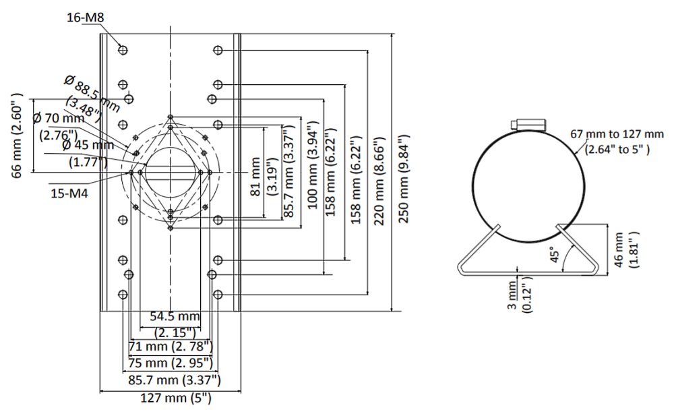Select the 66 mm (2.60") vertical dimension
pyautogui.click(x=18, y=136)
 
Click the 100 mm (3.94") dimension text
pyautogui.click(x=312, y=165)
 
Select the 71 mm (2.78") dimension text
pyautogui.click(x=171, y=346)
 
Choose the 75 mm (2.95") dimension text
pyautogui.click(x=171, y=363)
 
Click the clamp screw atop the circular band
pyautogui.click(x=530, y=124)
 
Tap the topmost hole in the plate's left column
pyautogui.click(x=123, y=50)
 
